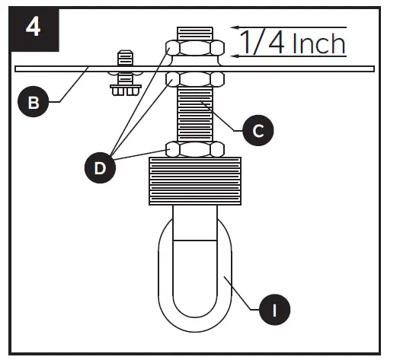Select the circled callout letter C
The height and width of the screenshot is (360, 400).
click(258, 130)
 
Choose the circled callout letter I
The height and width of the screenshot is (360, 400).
click(275, 309)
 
